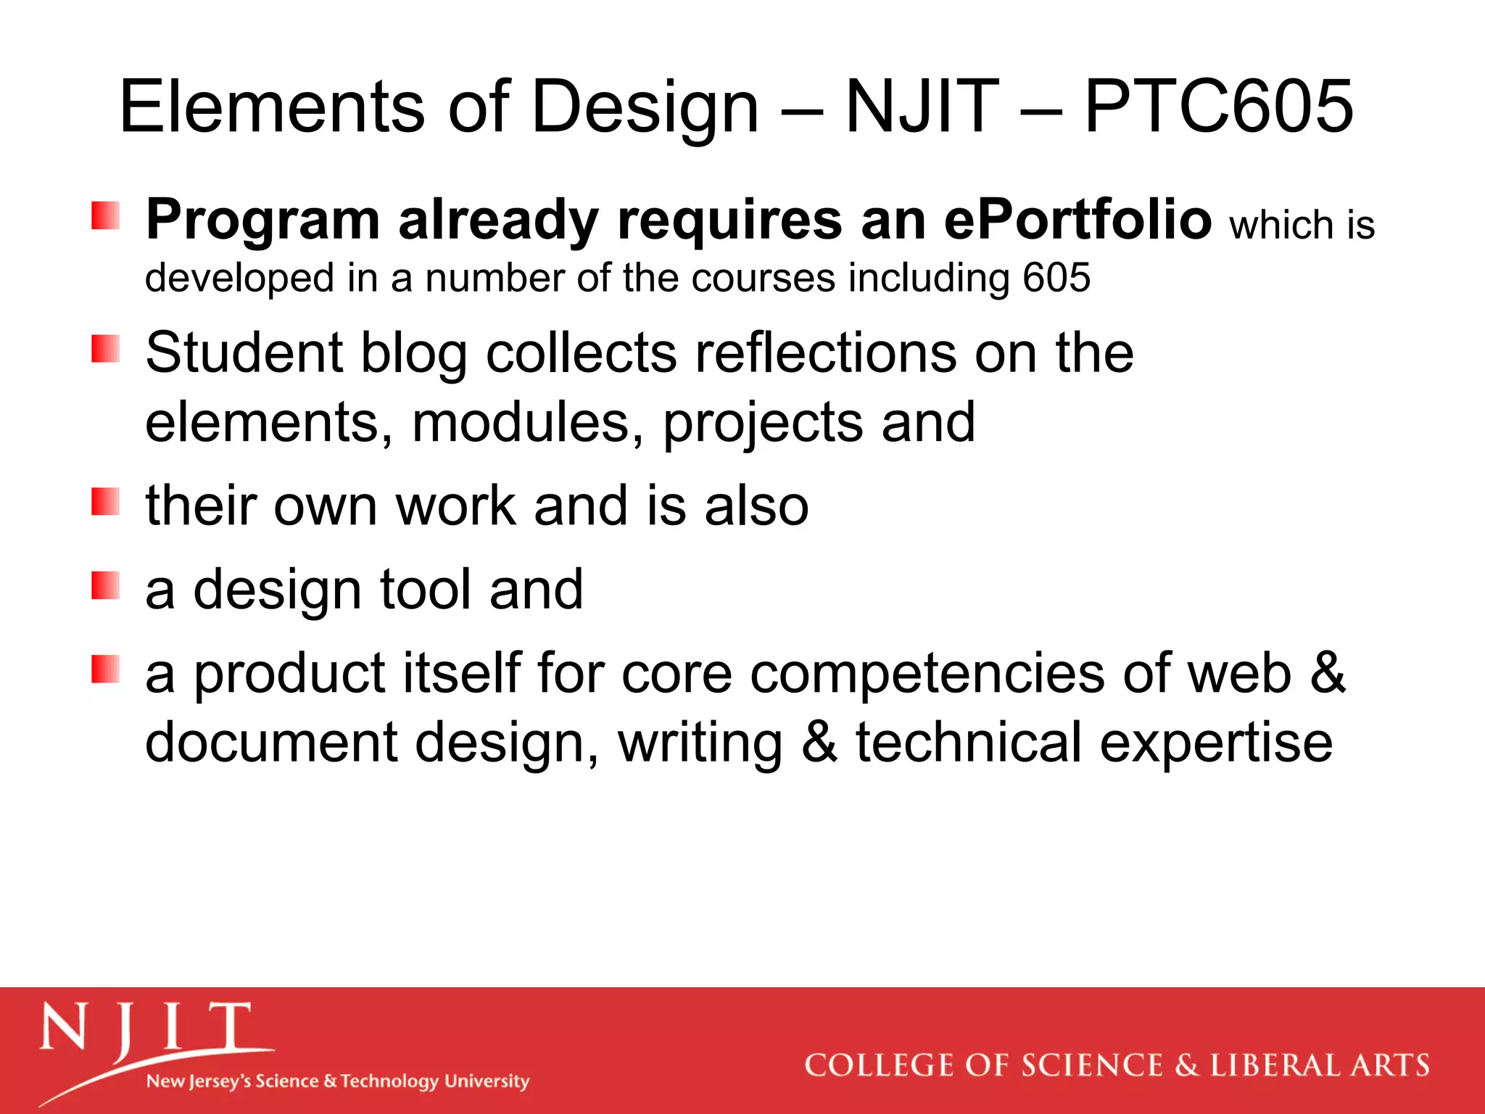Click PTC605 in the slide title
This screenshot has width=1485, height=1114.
pyautogui.click(x=1218, y=107)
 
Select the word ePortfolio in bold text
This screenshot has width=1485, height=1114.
pyautogui.click(x=1077, y=219)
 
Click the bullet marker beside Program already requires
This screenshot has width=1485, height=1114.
pyautogui.click(x=106, y=215)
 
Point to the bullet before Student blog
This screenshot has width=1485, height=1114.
pyautogui.click(x=106, y=348)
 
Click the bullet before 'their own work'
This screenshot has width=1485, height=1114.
pyautogui.click(x=106, y=501)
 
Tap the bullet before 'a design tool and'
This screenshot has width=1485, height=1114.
pyautogui.click(x=106, y=585)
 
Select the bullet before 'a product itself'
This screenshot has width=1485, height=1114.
pyautogui.click(x=106, y=669)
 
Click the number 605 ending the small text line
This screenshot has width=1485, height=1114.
pyautogui.click(x=1056, y=278)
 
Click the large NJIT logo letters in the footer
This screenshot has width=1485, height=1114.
pyautogui.click(x=145, y=1028)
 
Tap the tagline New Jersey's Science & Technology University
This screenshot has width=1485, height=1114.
pyautogui.click(x=338, y=1081)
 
